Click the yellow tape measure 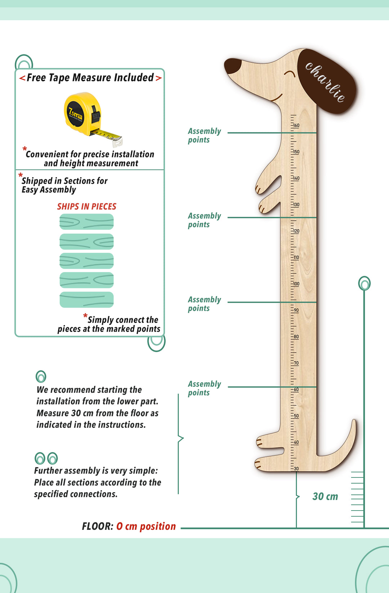pyautogui.click(x=86, y=115)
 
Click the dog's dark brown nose pyautogui.click(x=233, y=66)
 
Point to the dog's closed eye pyautogui.click(x=290, y=74)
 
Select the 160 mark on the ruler pyautogui.click(x=296, y=126)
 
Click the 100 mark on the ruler pyautogui.click(x=296, y=284)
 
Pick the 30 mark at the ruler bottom pyautogui.click(x=296, y=469)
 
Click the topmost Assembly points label pyautogui.click(x=204, y=135)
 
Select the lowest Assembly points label pyautogui.click(x=204, y=388)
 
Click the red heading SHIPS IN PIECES pyautogui.click(x=86, y=207)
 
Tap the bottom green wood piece pyautogui.click(x=86, y=300)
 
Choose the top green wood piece pyautogui.click(x=86, y=222)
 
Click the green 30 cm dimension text pyautogui.click(x=325, y=497)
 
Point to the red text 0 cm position pyautogui.click(x=146, y=526)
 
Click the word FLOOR pyautogui.click(x=97, y=526)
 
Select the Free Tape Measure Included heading pyautogui.click(x=90, y=78)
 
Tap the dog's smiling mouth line pyautogui.click(x=277, y=98)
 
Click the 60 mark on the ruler pyautogui.click(x=296, y=390)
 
